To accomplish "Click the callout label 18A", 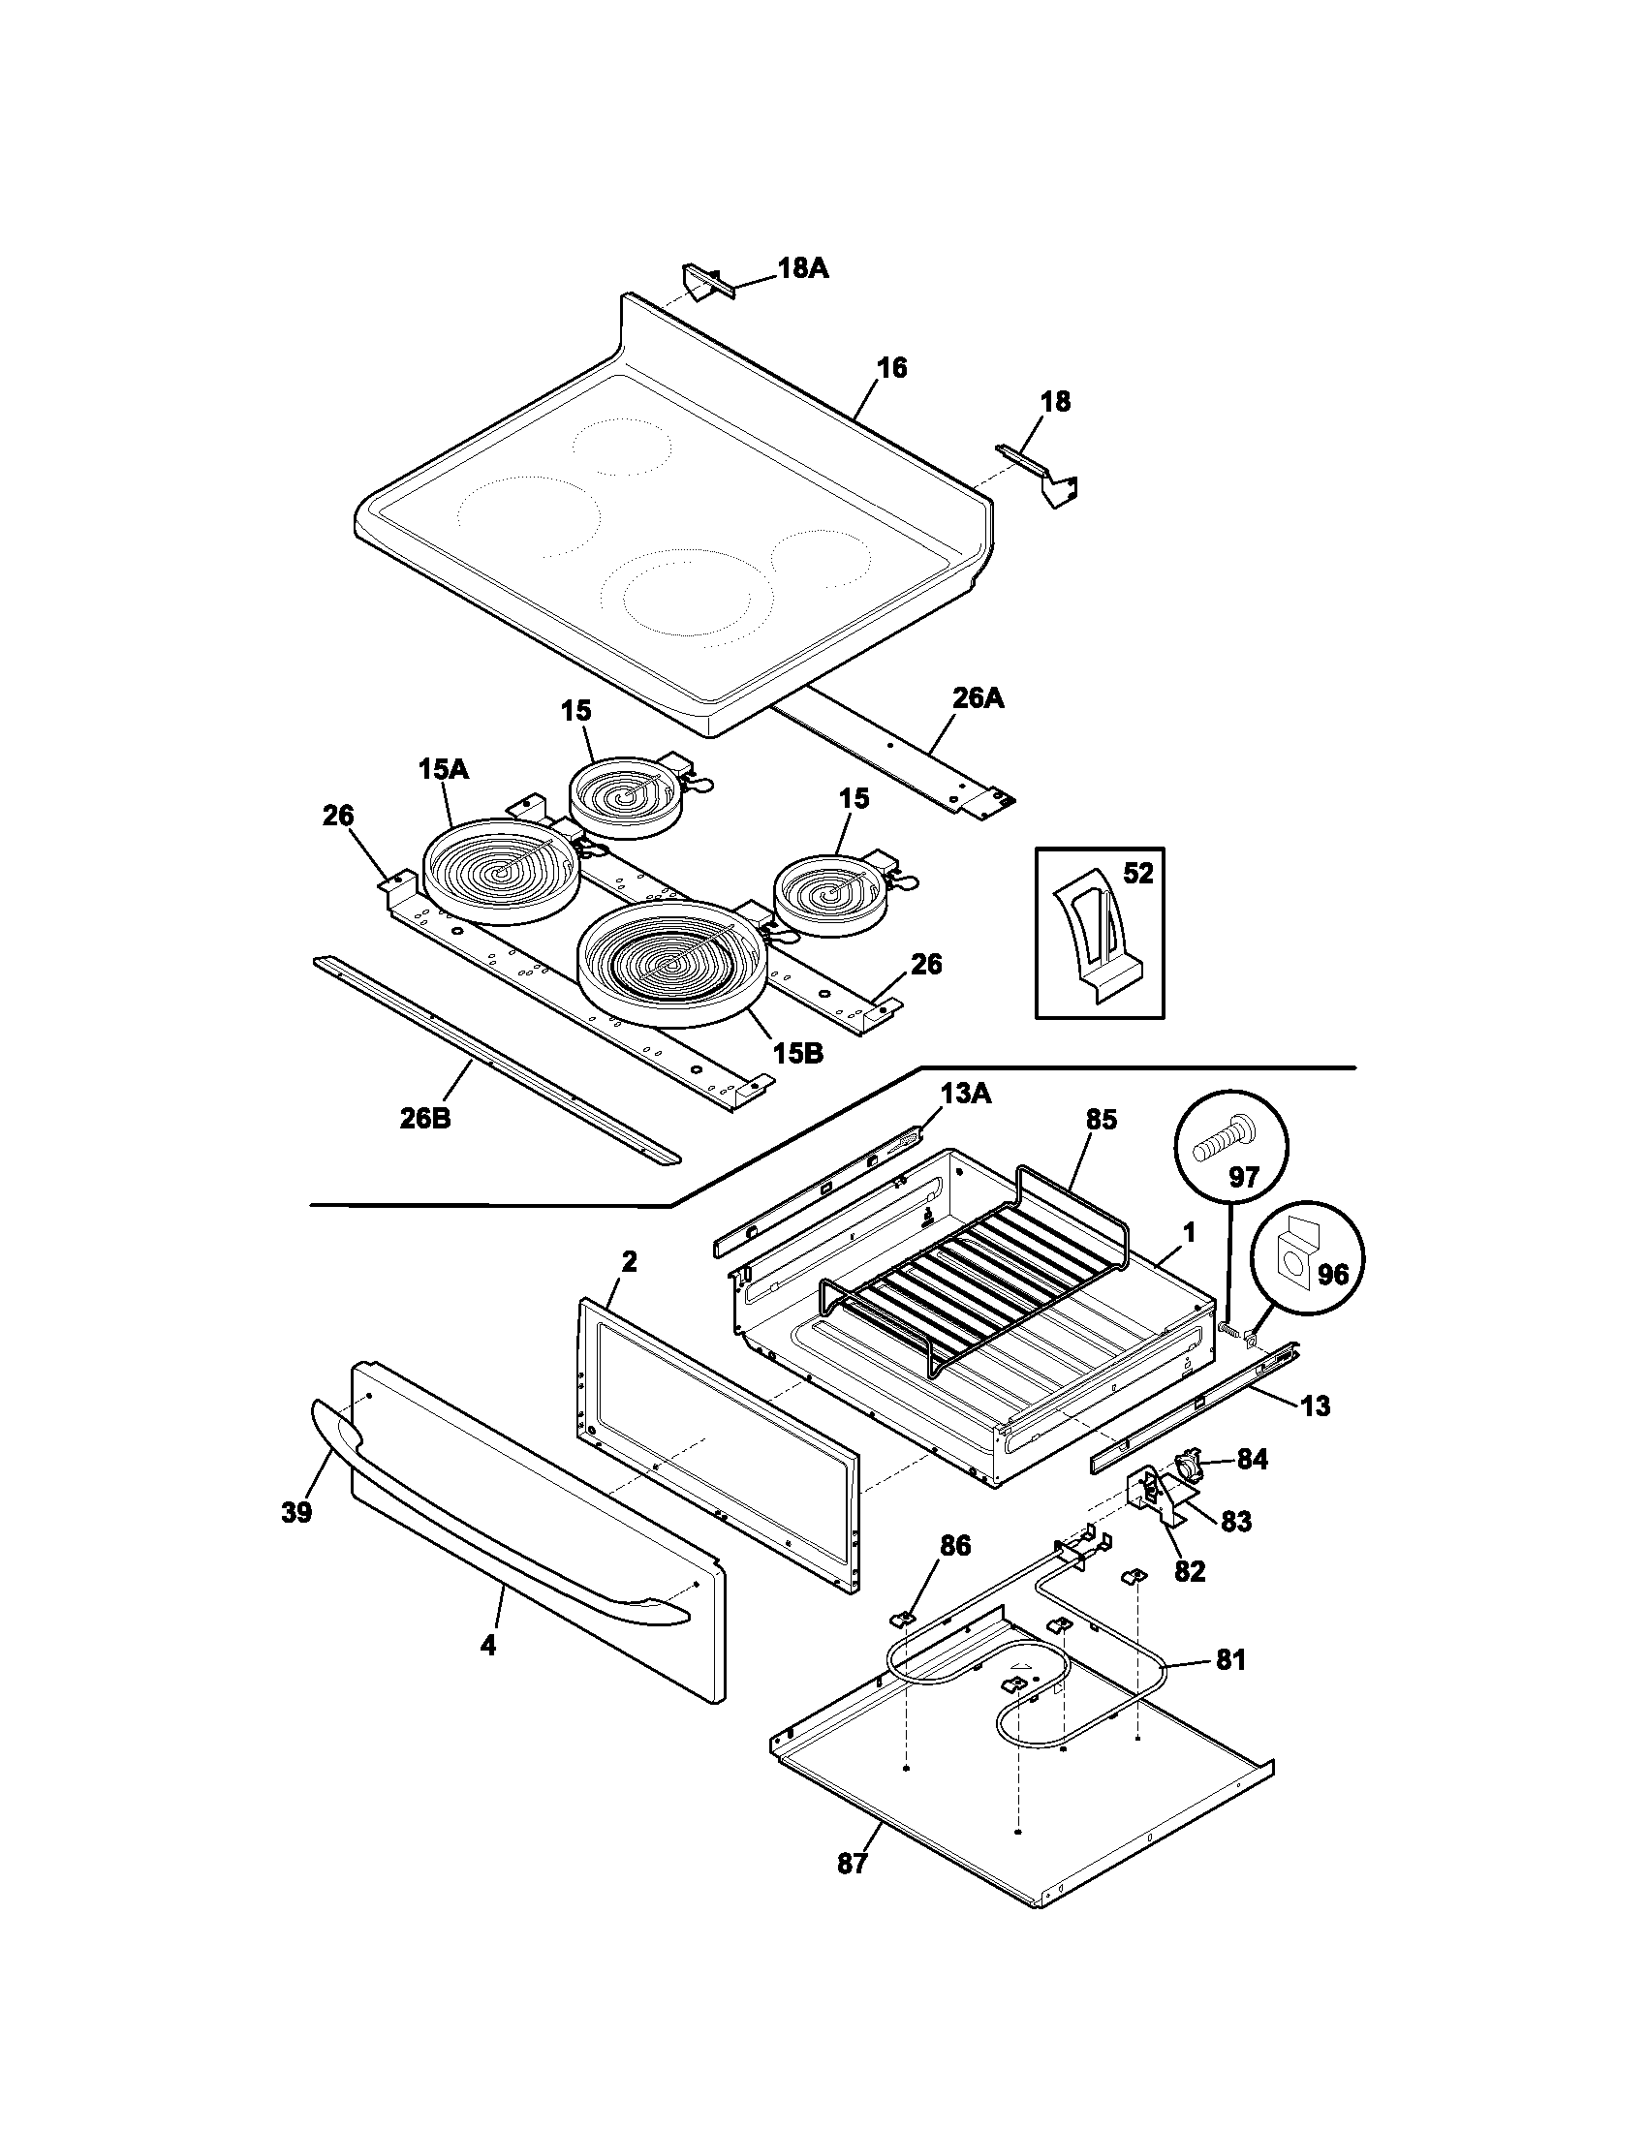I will pos(802,268).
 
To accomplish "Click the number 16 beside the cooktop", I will pos(890,367).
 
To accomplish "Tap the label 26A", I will pos(978,698).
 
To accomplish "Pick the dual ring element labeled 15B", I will pos(669,961).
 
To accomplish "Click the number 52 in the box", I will pos(1136,874).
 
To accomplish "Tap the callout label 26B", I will pos(424,1117).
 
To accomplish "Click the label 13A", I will pos(965,1094).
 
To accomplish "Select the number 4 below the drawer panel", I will pos(487,1645).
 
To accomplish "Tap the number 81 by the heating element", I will pos(1229,1658).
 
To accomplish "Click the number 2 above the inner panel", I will pos(629,1261).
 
